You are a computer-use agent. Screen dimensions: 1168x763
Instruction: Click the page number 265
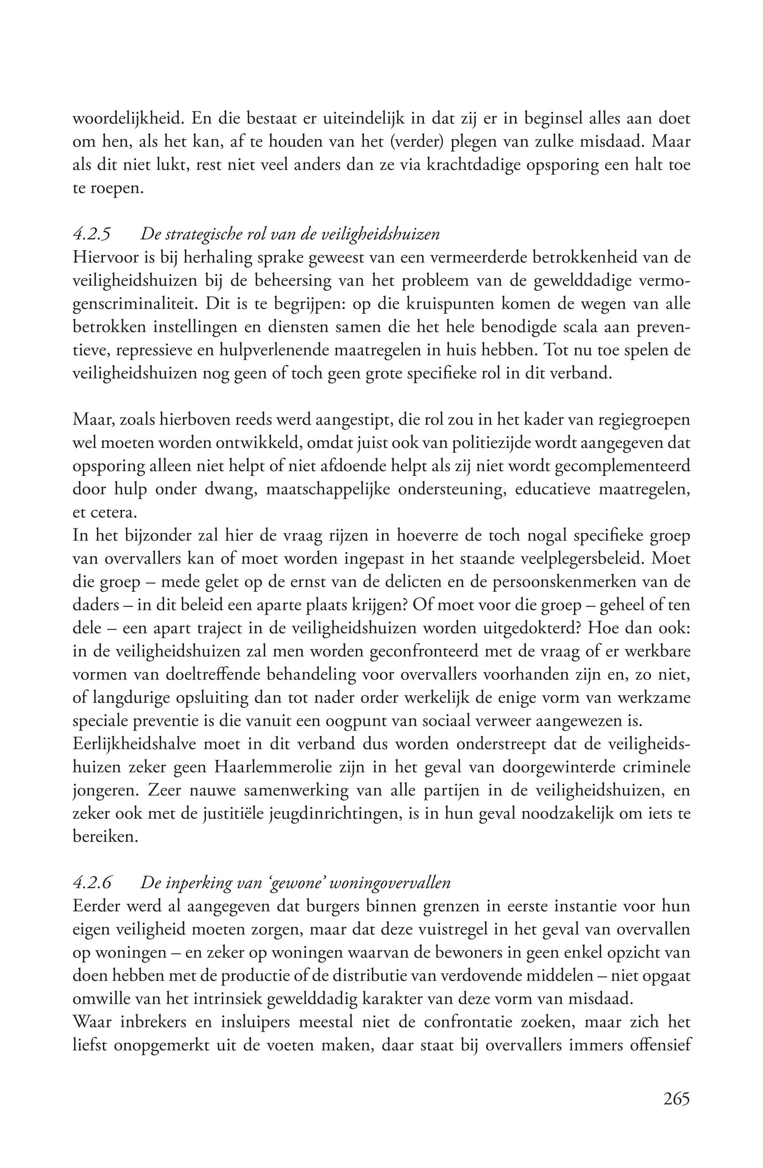coord(676,1098)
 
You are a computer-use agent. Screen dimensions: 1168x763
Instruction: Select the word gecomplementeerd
coord(621,466)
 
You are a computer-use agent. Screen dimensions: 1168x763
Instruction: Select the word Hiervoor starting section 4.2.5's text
coord(104,258)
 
